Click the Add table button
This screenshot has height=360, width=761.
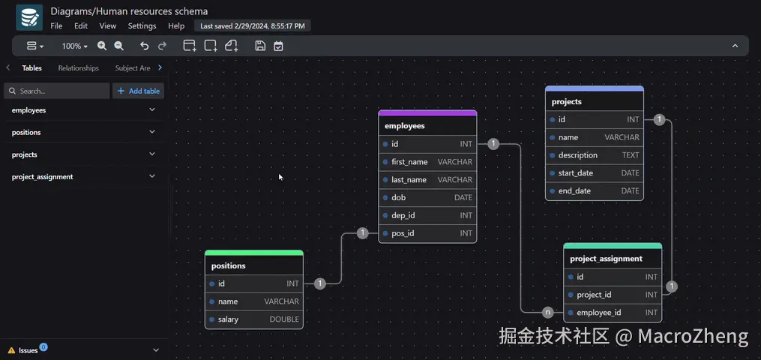139,91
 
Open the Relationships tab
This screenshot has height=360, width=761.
79,68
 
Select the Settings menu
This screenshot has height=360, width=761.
142,25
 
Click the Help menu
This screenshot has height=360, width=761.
176,25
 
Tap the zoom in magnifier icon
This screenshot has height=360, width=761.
102,46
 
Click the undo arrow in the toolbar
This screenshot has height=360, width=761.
145,46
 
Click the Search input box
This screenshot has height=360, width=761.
57,91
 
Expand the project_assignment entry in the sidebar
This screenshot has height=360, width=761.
152,177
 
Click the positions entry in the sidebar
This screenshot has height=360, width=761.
27,133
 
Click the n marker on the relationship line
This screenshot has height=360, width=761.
548,312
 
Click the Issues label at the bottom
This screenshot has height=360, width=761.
28,350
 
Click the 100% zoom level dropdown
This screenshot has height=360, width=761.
74,46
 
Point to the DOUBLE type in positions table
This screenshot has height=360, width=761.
284,319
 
